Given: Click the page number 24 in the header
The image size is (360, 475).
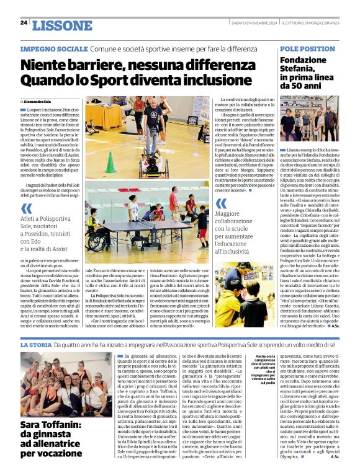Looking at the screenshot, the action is [24, 22].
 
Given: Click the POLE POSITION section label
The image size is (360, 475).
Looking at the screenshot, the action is [307, 48].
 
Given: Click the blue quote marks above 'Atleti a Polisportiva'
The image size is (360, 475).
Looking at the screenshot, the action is [26, 208].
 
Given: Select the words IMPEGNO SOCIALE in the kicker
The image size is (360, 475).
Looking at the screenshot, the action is [53, 48].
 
